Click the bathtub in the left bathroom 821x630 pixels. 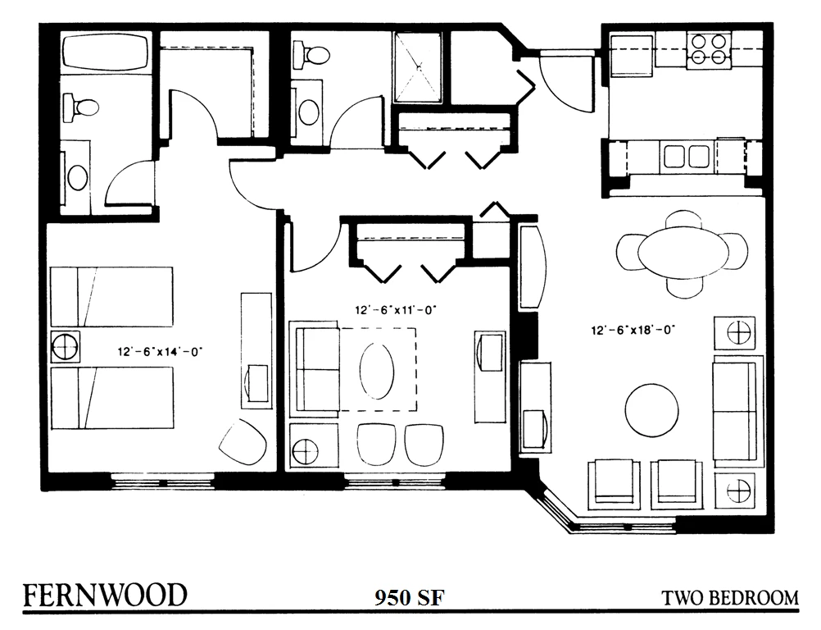click(x=105, y=52)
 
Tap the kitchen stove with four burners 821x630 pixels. click(x=709, y=50)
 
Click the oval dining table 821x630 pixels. click(x=683, y=252)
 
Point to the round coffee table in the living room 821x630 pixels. click(x=651, y=410)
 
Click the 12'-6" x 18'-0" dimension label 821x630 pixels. click(x=633, y=331)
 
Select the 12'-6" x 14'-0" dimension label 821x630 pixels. click(x=160, y=352)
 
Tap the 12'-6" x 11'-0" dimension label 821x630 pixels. click(x=395, y=310)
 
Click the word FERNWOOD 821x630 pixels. click(x=105, y=596)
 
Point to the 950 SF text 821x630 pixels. click(x=410, y=597)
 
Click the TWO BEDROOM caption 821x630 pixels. click(x=730, y=598)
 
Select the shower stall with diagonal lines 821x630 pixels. click(x=418, y=67)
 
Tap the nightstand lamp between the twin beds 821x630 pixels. click(x=66, y=346)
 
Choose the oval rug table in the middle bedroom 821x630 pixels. click(x=376, y=370)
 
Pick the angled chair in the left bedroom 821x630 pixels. click(x=243, y=441)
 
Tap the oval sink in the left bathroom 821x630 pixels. click(x=78, y=177)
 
